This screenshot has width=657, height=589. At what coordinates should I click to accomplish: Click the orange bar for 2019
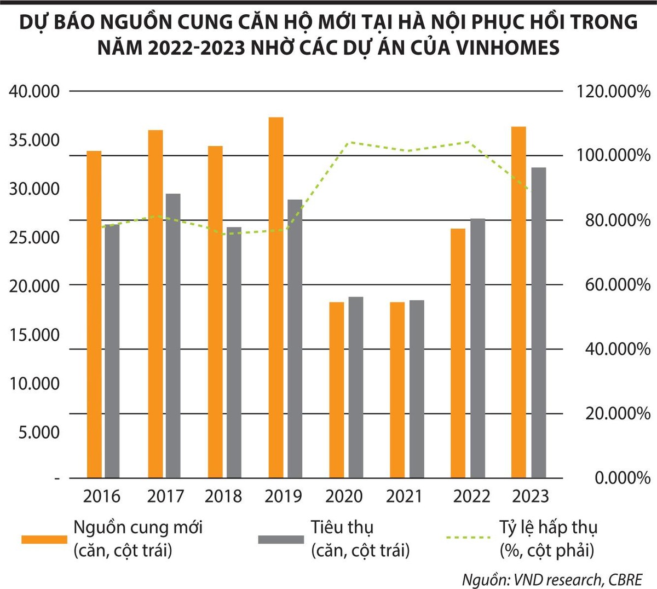(x=276, y=298)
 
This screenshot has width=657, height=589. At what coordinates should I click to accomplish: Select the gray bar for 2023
(x=539, y=323)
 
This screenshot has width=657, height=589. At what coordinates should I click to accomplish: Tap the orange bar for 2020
(x=337, y=390)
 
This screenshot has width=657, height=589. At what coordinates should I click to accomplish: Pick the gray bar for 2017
(x=173, y=336)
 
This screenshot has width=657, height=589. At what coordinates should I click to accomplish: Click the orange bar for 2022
(x=458, y=353)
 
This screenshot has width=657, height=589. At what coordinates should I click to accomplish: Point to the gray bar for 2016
(x=112, y=351)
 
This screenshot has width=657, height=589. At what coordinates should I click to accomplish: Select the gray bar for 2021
(x=417, y=389)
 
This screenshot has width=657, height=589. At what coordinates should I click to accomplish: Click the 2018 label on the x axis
(x=223, y=496)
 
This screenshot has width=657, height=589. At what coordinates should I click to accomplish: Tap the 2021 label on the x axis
(x=405, y=496)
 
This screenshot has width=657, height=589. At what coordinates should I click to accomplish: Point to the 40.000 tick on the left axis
(x=34, y=91)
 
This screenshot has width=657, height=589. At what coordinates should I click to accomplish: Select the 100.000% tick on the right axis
(x=614, y=156)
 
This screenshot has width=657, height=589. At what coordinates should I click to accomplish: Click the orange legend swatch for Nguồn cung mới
(x=44, y=539)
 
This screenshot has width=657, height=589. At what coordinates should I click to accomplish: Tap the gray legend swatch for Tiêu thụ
(x=281, y=539)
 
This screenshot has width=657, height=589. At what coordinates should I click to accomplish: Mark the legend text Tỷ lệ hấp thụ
(x=548, y=528)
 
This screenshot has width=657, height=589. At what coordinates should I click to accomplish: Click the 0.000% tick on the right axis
(x=623, y=478)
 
